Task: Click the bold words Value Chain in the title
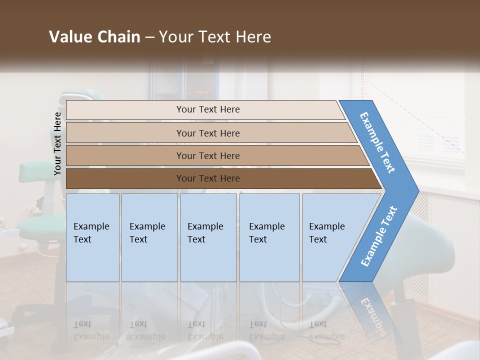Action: pos(94,37)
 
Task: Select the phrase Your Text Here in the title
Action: pos(215,37)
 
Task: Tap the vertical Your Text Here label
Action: pos(57,143)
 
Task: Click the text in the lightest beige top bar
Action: pos(208,109)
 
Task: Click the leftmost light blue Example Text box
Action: pos(92,237)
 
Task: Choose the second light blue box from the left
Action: pos(149,237)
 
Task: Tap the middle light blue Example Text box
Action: pos(208,237)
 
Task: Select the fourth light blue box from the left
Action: pos(269,237)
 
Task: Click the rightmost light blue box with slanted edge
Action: pos(330,237)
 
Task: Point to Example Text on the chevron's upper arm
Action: pos(377,142)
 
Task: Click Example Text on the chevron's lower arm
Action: pos(379,236)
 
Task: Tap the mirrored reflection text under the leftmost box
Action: pos(91,330)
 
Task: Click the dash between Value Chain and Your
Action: pos(149,37)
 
